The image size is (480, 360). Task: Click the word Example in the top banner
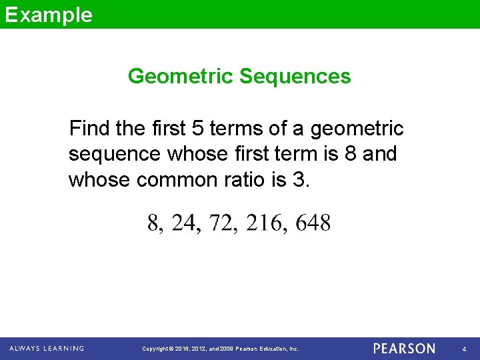coord(49,15)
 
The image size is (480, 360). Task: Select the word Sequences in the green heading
coord(295,77)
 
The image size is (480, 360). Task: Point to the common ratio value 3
coord(297,181)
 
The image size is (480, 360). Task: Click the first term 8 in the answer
coord(153,223)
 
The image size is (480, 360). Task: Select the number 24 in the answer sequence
coord(185,223)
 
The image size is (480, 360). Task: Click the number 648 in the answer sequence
coord(313,223)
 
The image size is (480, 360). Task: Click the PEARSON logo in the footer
coord(404,348)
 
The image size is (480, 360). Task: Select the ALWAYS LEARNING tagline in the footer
coord(47,348)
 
